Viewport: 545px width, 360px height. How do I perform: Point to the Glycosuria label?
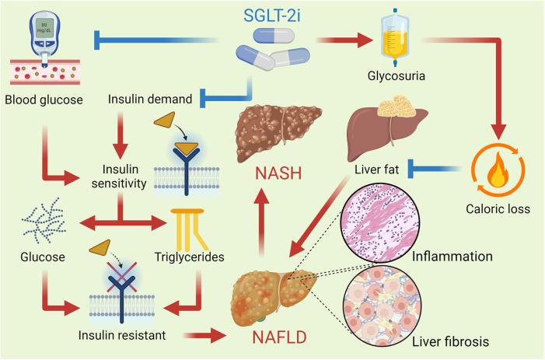tap(402, 76)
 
